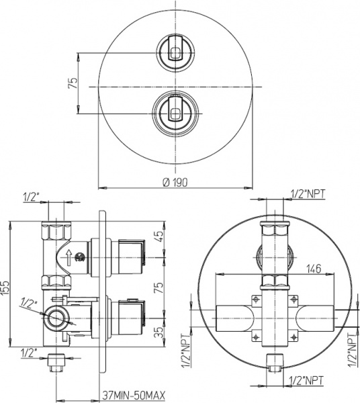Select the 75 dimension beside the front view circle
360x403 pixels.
74,83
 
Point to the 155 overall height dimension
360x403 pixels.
6,286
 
